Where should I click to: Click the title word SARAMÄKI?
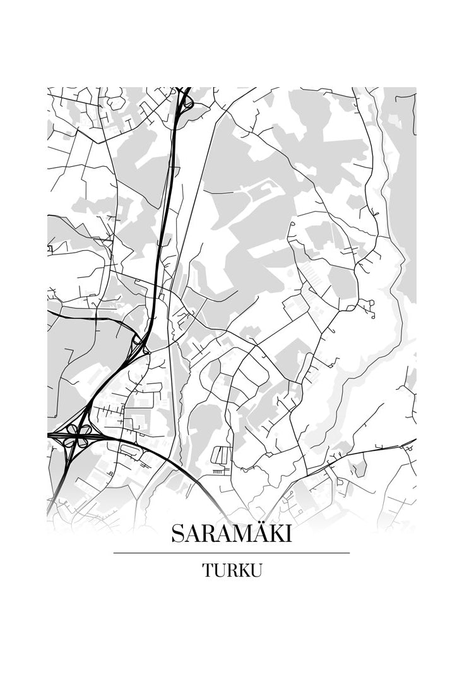pyautogui.click(x=231, y=534)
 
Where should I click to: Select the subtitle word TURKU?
pyautogui.click(x=232, y=570)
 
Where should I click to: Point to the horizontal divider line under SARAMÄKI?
pyautogui.click(x=231, y=553)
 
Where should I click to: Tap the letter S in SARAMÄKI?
pyautogui.click(x=177, y=534)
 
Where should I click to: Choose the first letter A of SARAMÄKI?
pyautogui.click(x=192, y=534)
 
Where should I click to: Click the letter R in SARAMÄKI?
pyautogui.click(x=206, y=534)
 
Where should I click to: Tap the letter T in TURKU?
pyautogui.click(x=208, y=570)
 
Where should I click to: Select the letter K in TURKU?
pyautogui.click(x=243, y=570)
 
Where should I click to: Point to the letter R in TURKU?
pyautogui.click(x=231, y=570)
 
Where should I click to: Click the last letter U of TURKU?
pyautogui.click(x=256, y=570)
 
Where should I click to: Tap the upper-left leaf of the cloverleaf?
pyautogui.click(x=71, y=430)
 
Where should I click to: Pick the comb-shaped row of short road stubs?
pyautogui.click(x=220, y=471)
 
